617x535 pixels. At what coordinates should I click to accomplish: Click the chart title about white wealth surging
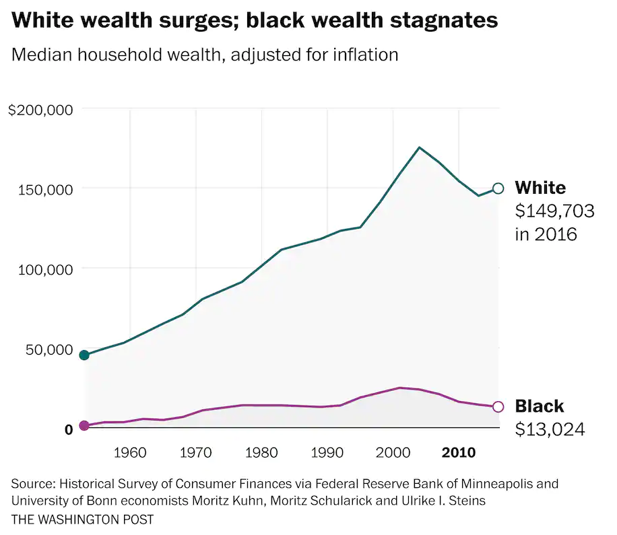point(255,21)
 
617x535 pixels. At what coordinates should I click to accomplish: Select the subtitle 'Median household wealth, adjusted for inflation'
point(205,55)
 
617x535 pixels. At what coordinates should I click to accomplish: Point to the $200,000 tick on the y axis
point(40,110)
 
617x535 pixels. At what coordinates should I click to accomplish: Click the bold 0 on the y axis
point(68,429)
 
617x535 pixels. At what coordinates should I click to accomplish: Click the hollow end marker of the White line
point(498,188)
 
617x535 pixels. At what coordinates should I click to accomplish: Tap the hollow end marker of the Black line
point(498,406)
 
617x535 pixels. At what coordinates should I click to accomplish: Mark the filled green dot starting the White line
point(84,355)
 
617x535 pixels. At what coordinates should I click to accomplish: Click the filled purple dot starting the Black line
point(84,425)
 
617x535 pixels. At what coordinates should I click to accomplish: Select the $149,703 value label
point(554,211)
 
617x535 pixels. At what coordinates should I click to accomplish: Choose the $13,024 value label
point(550,429)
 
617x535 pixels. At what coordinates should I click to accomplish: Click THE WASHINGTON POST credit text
point(82,520)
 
